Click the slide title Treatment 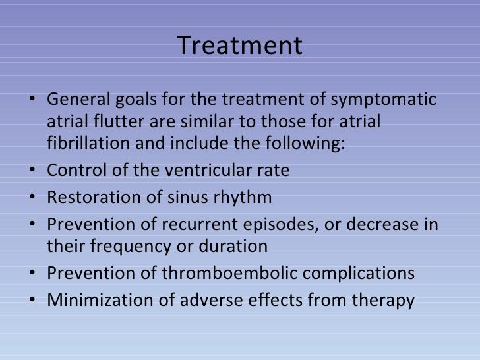(240, 46)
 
